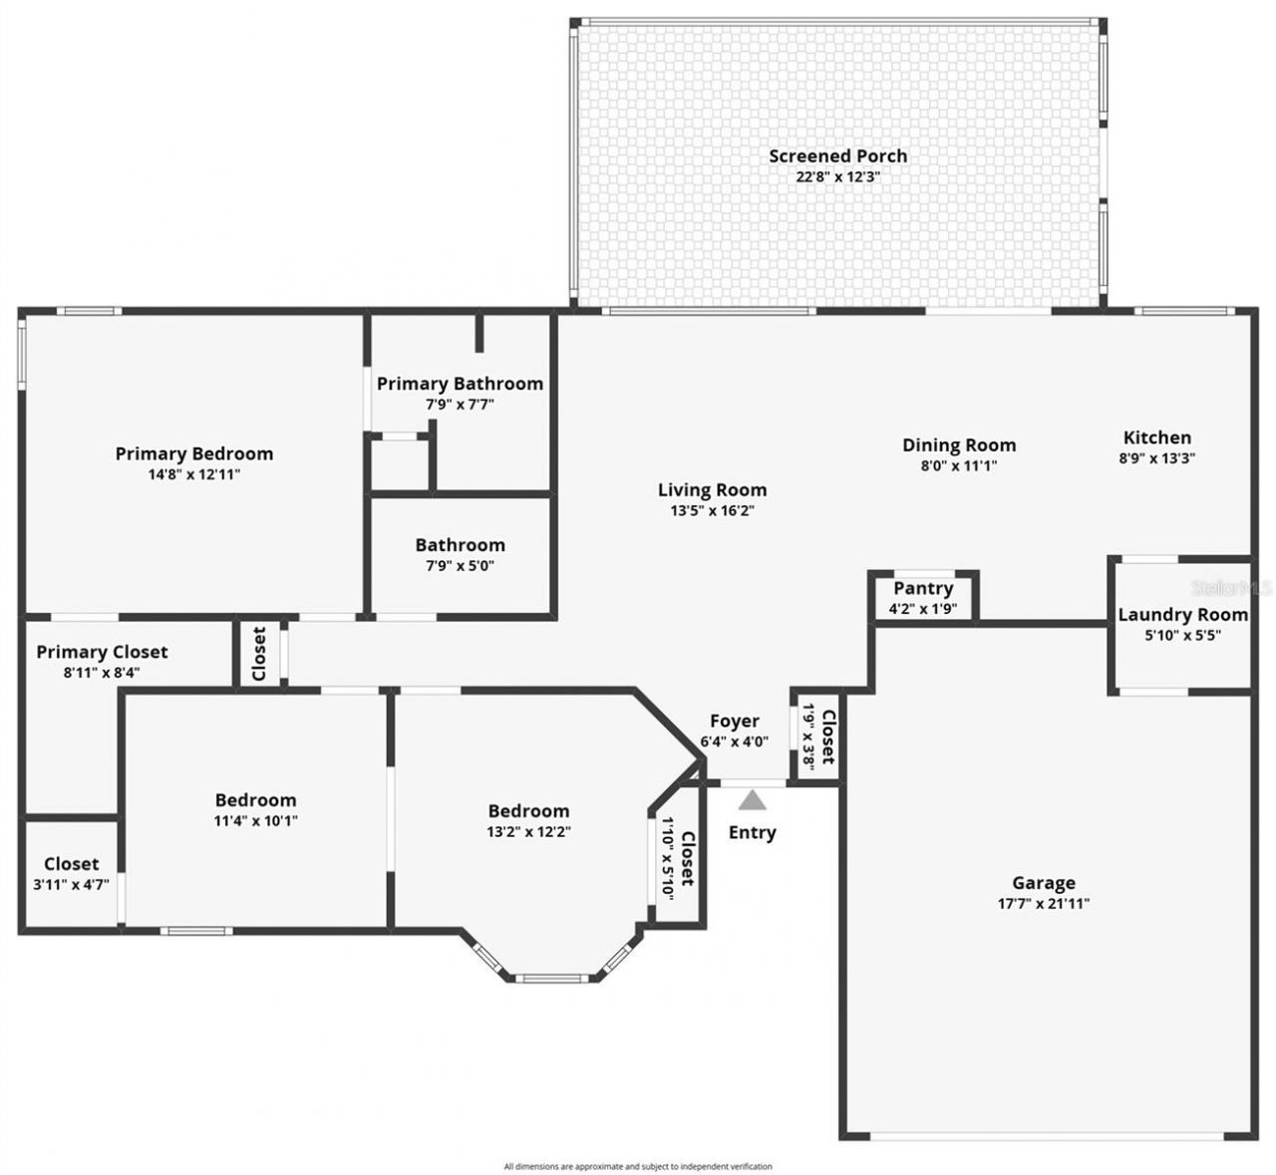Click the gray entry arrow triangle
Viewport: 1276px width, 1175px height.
(x=752, y=800)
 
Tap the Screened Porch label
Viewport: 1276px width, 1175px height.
(x=837, y=155)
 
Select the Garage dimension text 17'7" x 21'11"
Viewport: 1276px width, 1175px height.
(x=1043, y=904)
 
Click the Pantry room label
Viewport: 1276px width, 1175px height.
(x=923, y=588)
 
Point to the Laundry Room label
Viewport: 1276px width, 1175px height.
(x=1182, y=615)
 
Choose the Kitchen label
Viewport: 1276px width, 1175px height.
(x=1156, y=438)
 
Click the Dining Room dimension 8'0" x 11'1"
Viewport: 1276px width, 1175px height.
(x=959, y=465)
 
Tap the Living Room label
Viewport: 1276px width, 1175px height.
(x=712, y=489)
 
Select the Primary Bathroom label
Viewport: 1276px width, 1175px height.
(x=460, y=384)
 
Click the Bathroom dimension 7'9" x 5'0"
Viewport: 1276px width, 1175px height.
(x=460, y=565)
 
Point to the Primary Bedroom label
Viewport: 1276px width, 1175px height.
(x=193, y=453)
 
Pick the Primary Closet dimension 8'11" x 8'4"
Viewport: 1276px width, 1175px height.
(x=102, y=672)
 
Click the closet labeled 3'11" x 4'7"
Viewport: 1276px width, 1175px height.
(x=71, y=883)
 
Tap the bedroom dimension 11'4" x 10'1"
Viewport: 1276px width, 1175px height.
(x=256, y=821)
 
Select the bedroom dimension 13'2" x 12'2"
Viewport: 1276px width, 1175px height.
(x=528, y=831)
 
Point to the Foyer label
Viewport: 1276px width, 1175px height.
(x=734, y=721)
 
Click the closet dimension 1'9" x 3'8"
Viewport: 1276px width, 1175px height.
(x=809, y=734)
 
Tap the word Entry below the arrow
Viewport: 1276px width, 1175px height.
(x=752, y=832)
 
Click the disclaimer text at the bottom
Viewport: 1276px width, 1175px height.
(x=638, y=1165)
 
